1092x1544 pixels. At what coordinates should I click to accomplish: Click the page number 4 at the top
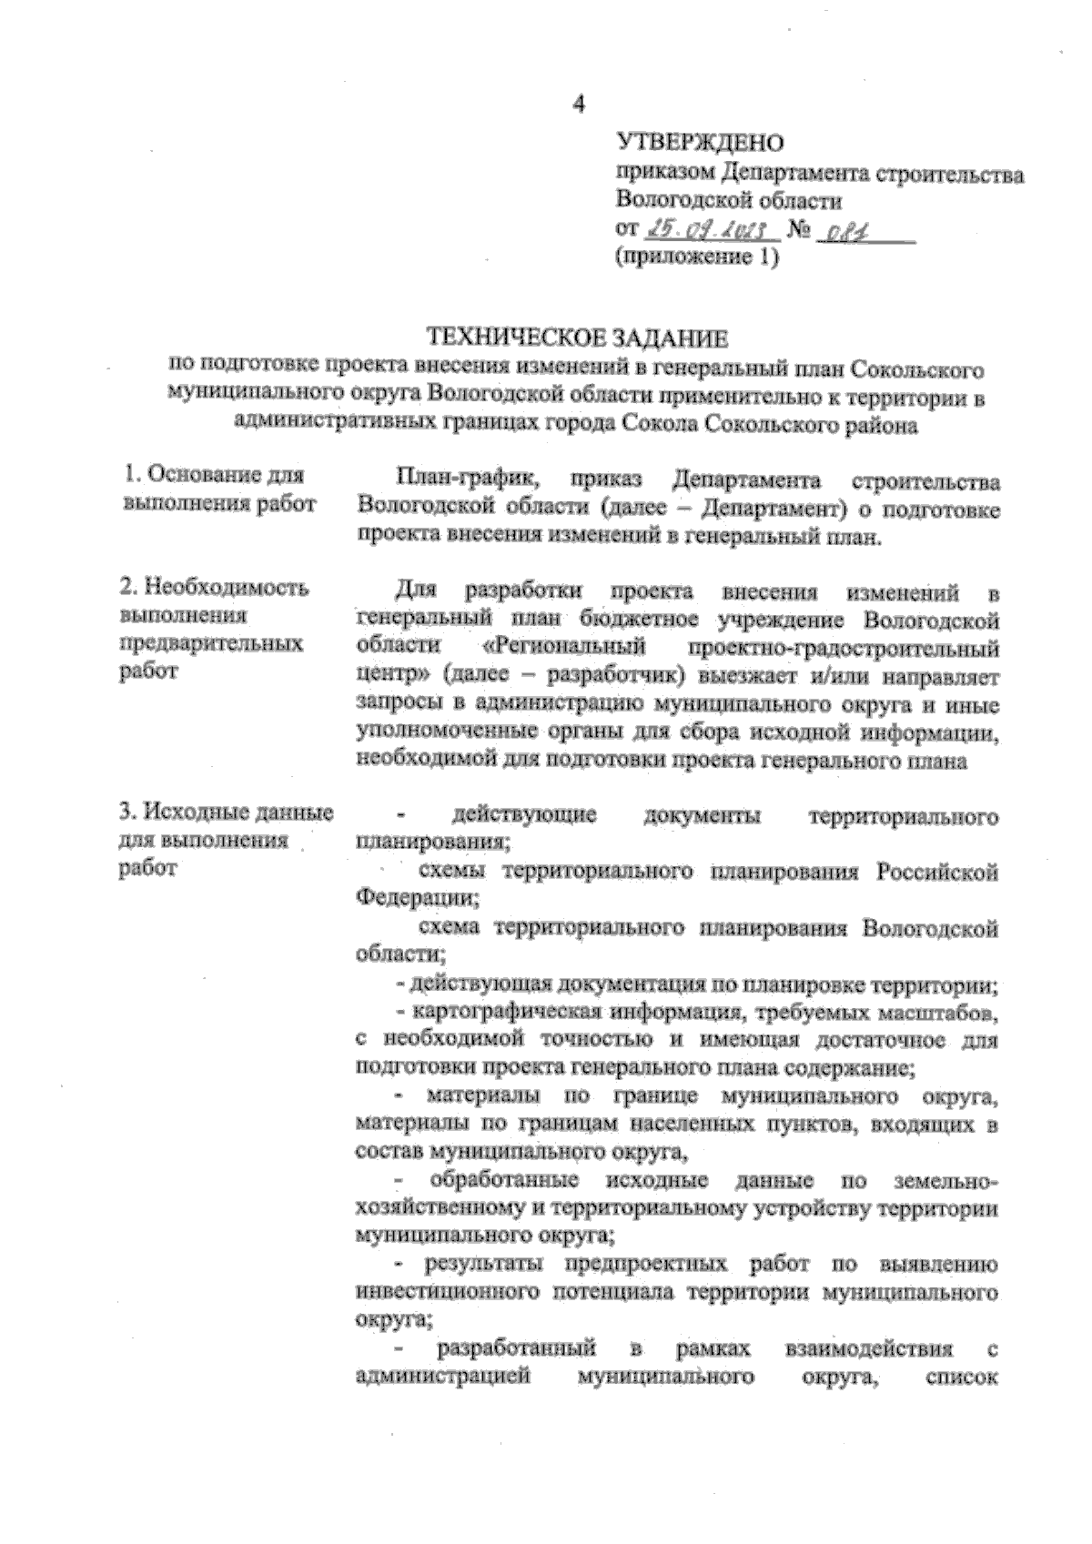(x=577, y=103)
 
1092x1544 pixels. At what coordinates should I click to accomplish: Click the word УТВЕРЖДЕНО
(x=700, y=142)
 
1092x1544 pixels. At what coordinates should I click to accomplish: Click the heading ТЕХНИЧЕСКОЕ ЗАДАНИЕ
(x=579, y=339)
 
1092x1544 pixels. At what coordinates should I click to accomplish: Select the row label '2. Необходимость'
(x=215, y=588)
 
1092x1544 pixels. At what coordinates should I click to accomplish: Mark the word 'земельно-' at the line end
(x=945, y=1181)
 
